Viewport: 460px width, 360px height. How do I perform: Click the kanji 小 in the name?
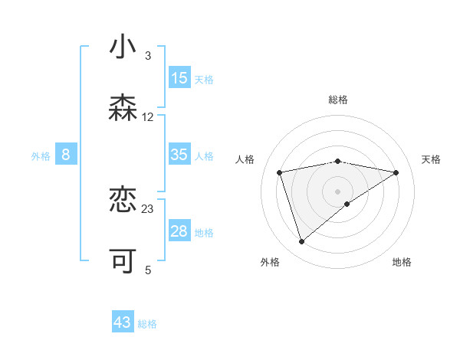pyautogui.click(x=123, y=47)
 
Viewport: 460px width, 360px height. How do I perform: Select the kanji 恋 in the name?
pyautogui.click(x=123, y=200)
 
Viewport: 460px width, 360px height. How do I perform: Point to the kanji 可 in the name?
pyautogui.click(x=123, y=261)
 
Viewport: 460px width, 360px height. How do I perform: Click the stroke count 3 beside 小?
pyautogui.click(x=148, y=56)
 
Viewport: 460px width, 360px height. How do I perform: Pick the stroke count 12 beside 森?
pyautogui.click(x=148, y=117)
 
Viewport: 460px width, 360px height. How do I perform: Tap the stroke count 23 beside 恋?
pyautogui.click(x=148, y=208)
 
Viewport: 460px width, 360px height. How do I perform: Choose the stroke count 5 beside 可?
pyautogui.click(x=148, y=270)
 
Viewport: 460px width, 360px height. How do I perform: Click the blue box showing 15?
pyautogui.click(x=179, y=78)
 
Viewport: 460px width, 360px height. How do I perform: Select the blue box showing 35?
pyautogui.click(x=179, y=155)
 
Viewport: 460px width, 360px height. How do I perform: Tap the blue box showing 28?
pyautogui.click(x=179, y=231)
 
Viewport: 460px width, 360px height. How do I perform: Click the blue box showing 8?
pyautogui.click(x=66, y=155)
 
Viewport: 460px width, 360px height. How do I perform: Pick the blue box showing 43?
pyautogui.click(x=123, y=322)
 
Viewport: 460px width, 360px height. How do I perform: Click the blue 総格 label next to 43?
pyautogui.click(x=147, y=324)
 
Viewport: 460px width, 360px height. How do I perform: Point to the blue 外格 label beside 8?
pyautogui.click(x=41, y=156)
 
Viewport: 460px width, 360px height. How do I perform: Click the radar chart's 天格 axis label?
pyautogui.click(x=431, y=159)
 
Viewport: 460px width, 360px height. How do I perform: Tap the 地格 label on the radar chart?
pyautogui.click(x=402, y=262)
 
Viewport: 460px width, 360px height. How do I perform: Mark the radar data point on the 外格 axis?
pyautogui.click(x=301, y=241)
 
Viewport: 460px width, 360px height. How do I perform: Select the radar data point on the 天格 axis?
pyautogui.click(x=396, y=172)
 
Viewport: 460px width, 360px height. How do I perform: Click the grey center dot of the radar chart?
pyautogui.click(x=337, y=191)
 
